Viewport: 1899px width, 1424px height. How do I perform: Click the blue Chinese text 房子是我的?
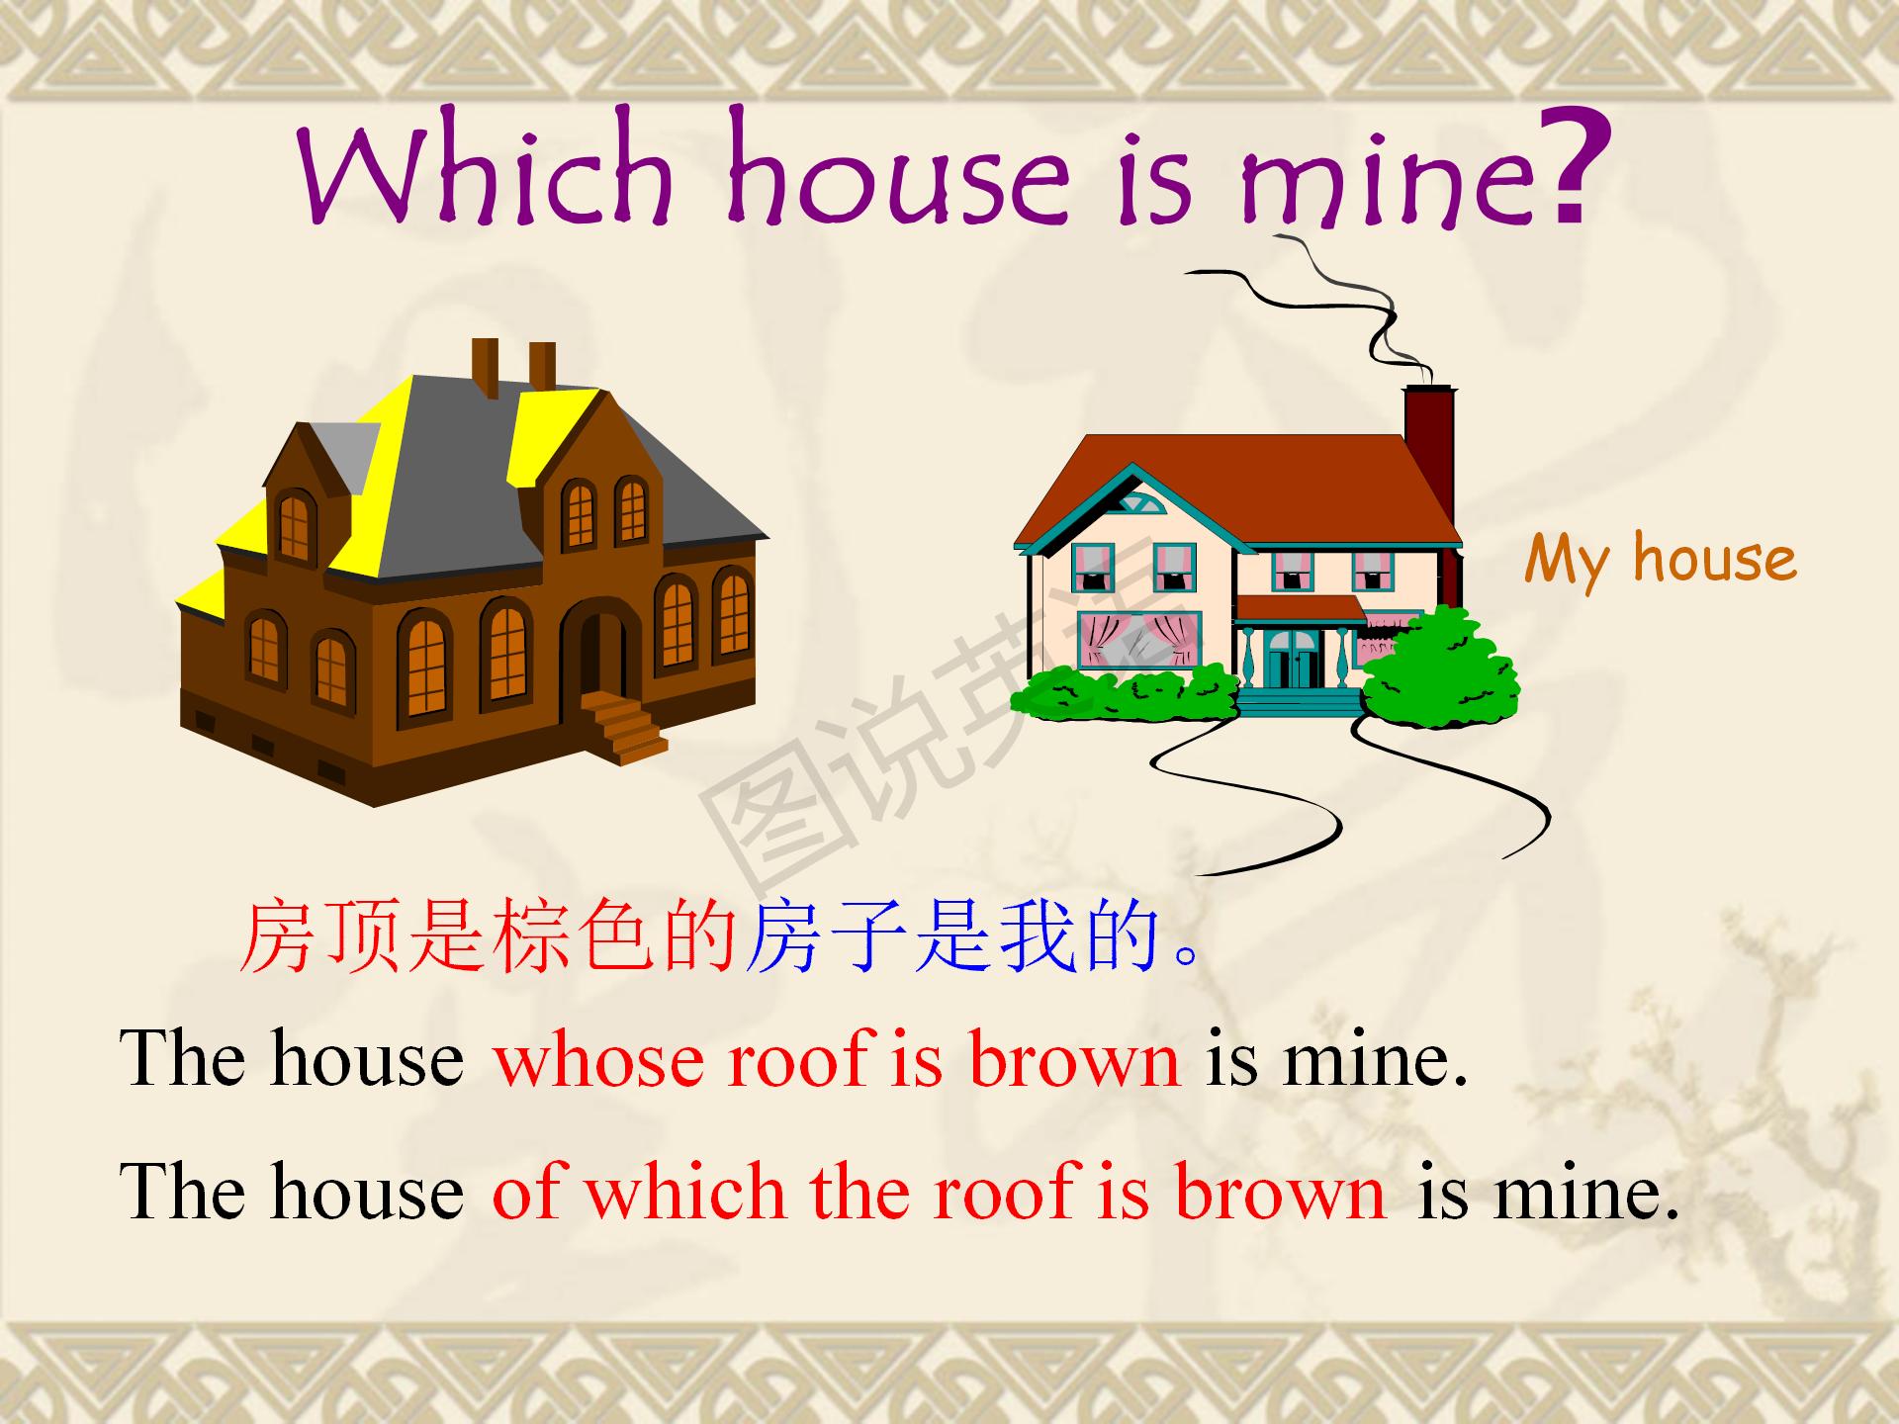pos(952,936)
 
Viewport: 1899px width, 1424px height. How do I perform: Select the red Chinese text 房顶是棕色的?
pos(489,936)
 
